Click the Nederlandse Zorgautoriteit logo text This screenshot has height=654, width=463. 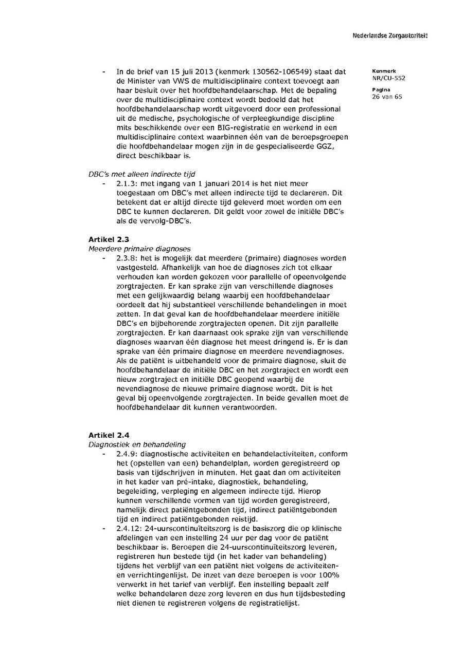pos(390,35)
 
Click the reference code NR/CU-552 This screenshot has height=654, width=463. pos(388,79)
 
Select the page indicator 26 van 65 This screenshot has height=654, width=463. pos(387,97)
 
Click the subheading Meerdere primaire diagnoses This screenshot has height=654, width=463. pos(139,249)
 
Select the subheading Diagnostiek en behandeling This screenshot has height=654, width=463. pos(137,444)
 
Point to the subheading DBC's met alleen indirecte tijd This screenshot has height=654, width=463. pos(142,174)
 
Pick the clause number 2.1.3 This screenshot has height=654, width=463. pos(126,183)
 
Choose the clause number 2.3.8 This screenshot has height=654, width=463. pos(126,258)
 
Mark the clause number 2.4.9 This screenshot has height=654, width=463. pos(126,454)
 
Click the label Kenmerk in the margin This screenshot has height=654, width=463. pos(381,71)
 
